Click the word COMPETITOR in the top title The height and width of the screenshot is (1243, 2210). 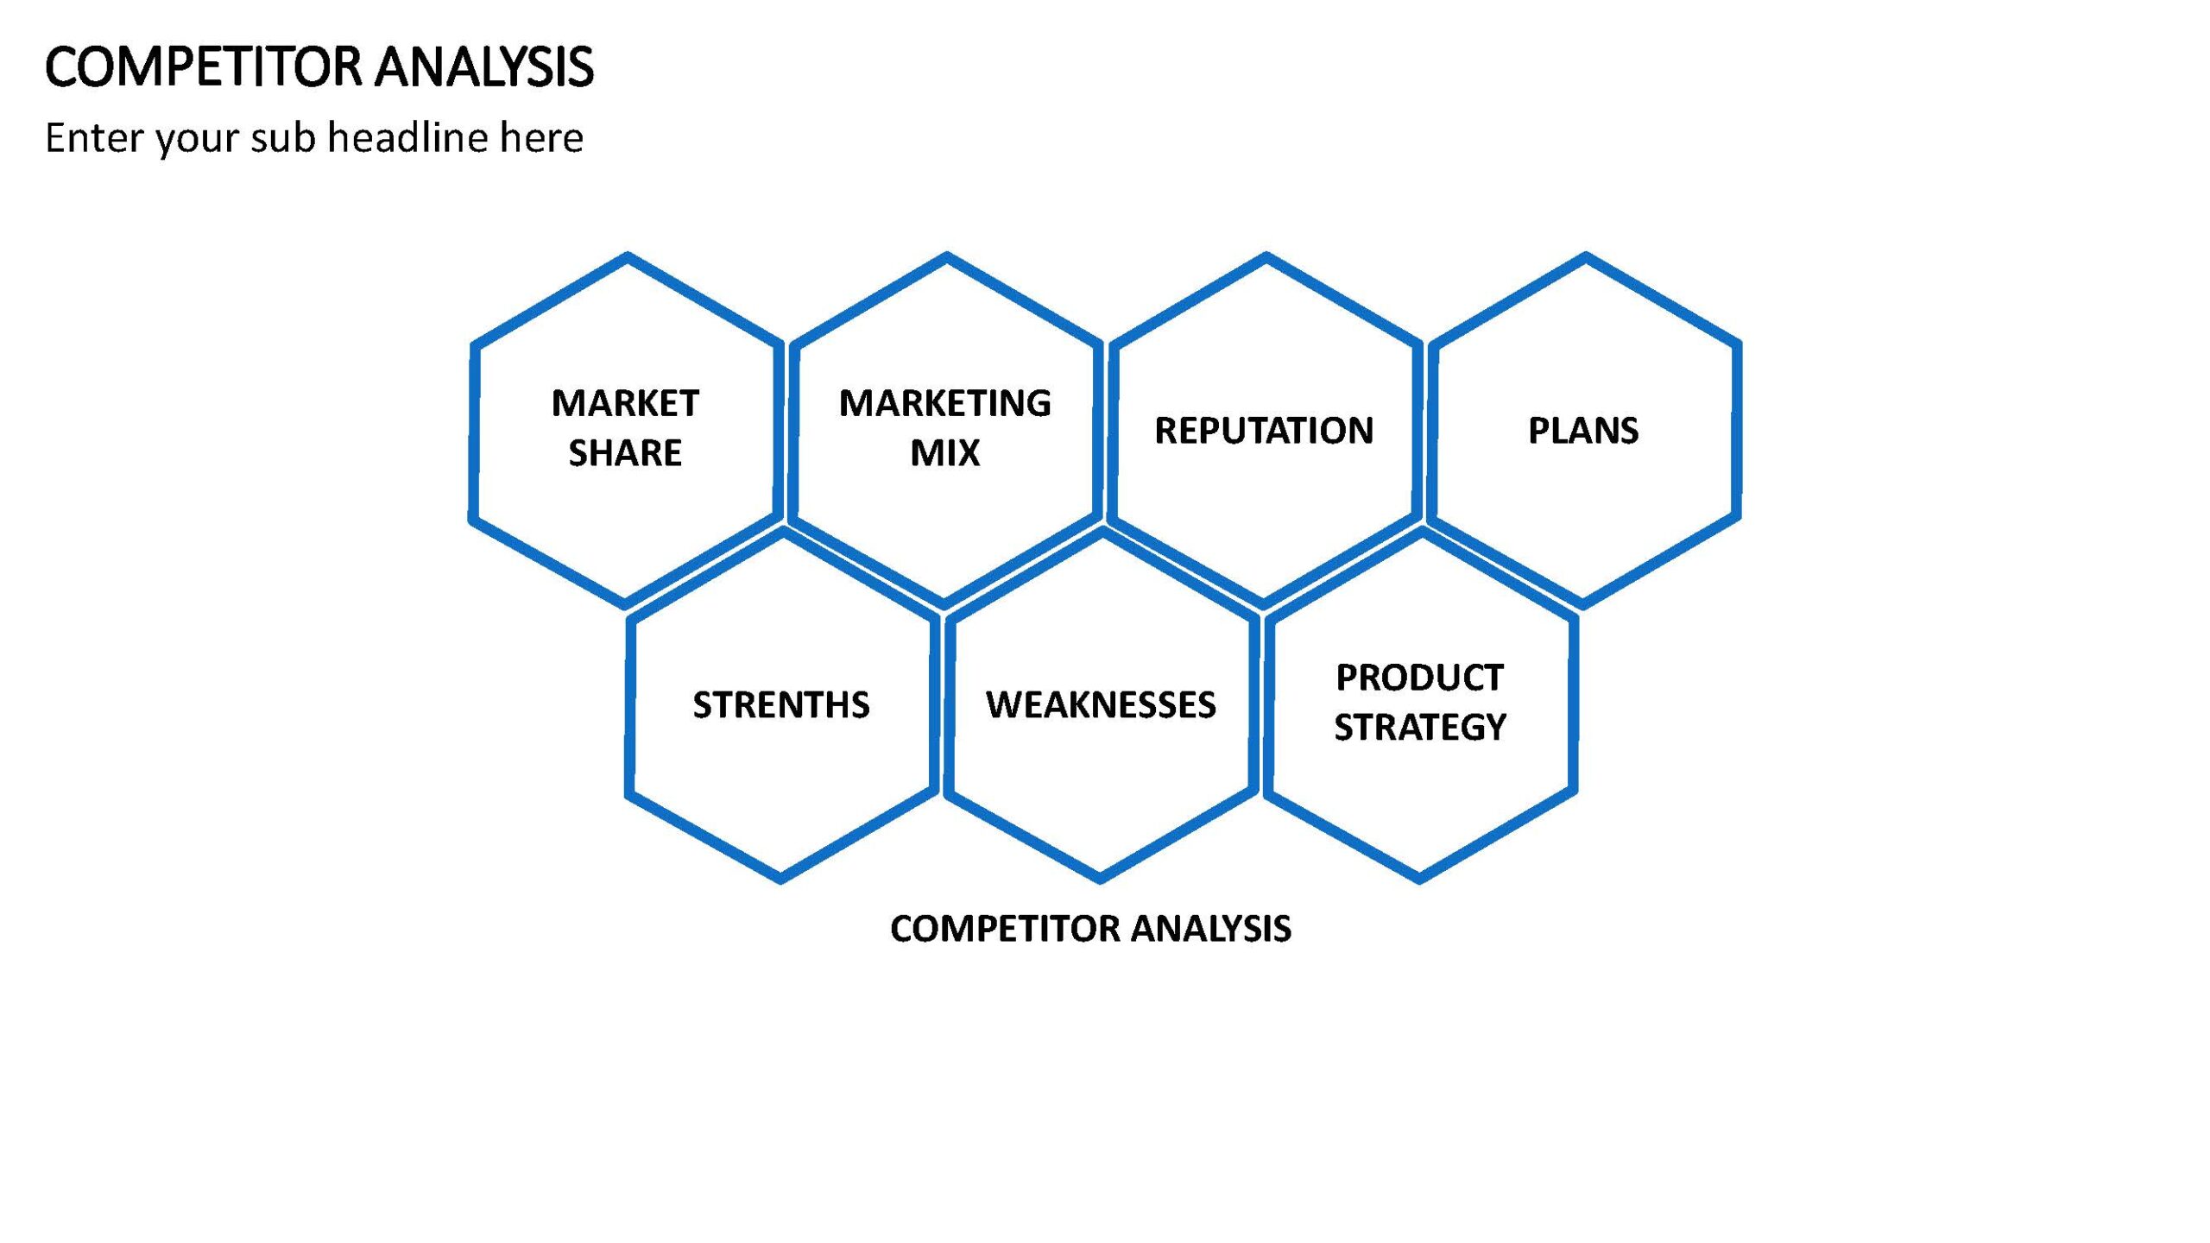pos(204,67)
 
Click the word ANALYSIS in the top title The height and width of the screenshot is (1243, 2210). pos(485,67)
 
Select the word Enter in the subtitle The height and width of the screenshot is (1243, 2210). pos(94,137)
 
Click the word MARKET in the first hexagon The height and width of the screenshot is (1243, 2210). pos(625,403)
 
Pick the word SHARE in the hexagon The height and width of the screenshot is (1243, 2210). pos(625,453)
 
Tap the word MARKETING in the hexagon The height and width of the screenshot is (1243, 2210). pos(945,403)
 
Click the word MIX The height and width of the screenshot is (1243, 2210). pos(945,453)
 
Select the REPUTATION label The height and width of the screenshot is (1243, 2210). pos(1264,431)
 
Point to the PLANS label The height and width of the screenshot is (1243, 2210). pos(1583,431)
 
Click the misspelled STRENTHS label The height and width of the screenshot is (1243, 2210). pos(781,705)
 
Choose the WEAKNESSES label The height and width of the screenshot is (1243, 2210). pos(1101,705)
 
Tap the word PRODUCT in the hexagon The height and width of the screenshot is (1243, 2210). pos(1420,678)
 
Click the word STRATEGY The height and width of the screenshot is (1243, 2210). pos(1420,728)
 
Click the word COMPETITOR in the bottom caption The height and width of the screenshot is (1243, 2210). pos(1007,929)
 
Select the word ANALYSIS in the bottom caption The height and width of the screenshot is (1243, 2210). pos(1211,929)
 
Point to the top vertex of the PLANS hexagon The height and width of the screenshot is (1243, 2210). pos(1586,256)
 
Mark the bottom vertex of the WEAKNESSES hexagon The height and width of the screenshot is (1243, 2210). pos(1101,879)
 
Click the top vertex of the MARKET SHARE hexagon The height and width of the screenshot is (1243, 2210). pos(628,256)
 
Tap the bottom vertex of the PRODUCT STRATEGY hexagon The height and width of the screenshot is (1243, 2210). pos(1420,879)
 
